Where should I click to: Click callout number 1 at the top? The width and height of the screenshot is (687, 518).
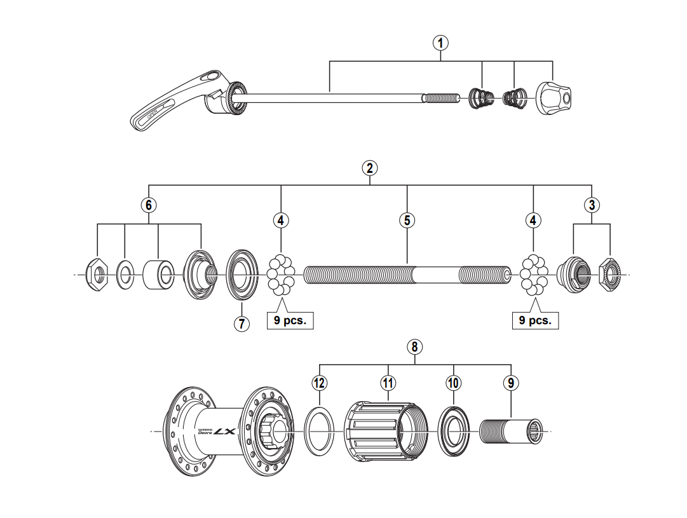coord(440,43)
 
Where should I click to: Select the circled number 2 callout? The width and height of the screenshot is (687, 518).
coord(370,168)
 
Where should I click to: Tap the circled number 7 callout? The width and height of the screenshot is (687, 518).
coord(241,323)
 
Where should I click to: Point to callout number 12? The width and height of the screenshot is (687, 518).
coord(319,383)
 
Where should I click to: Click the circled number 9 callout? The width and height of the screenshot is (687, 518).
coord(511,383)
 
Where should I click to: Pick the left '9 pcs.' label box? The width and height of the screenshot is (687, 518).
coord(290,320)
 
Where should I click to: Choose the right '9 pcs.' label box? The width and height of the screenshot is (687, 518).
coord(534,320)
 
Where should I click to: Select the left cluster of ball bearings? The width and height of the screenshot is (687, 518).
coord(280,275)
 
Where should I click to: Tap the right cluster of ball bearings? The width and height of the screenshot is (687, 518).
coord(533,275)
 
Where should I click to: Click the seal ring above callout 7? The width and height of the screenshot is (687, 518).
coord(242,275)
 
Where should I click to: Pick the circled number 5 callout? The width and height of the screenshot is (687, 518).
coord(407,220)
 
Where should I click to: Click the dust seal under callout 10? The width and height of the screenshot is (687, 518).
coord(454,430)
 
